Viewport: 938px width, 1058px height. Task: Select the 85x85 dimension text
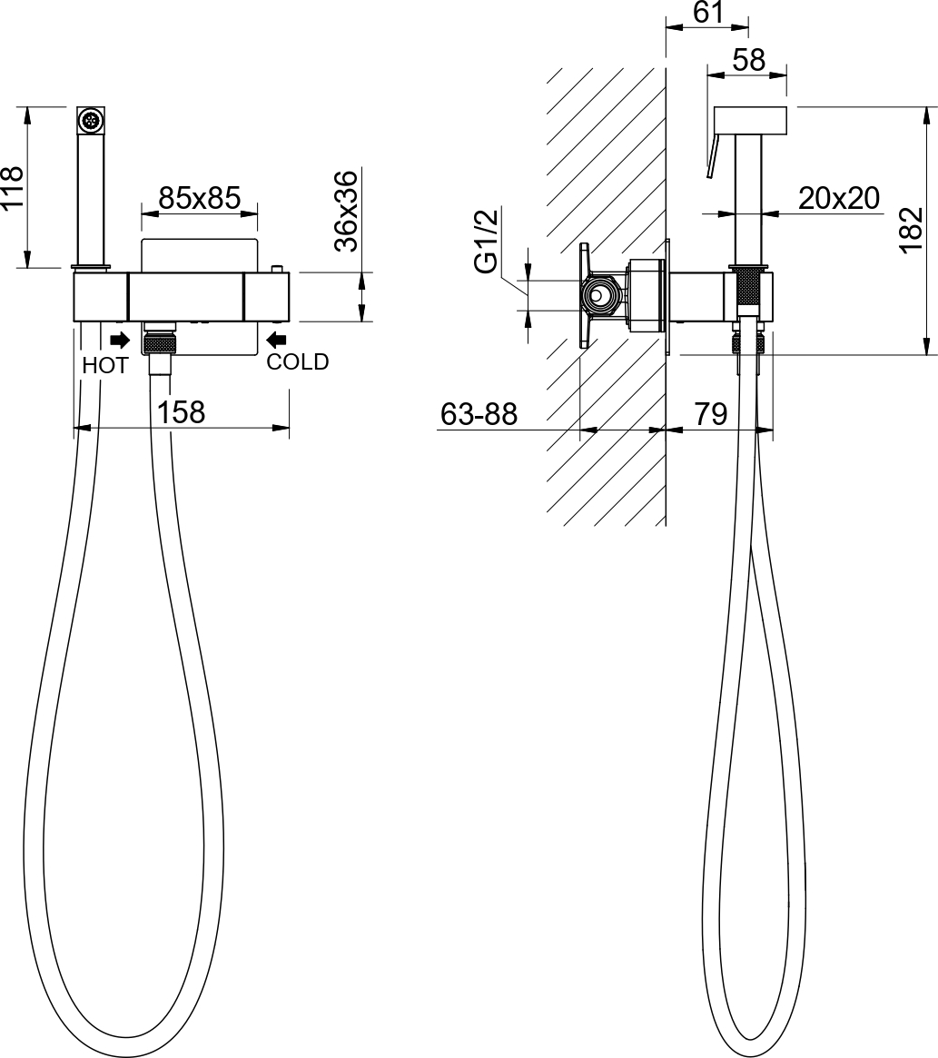[x=200, y=198]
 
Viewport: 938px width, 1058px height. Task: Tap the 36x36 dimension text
[x=347, y=212]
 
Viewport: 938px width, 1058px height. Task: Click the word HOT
[x=105, y=366]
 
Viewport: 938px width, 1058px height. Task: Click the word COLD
[x=298, y=361]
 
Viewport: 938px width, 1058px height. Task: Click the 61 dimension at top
[x=708, y=12]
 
